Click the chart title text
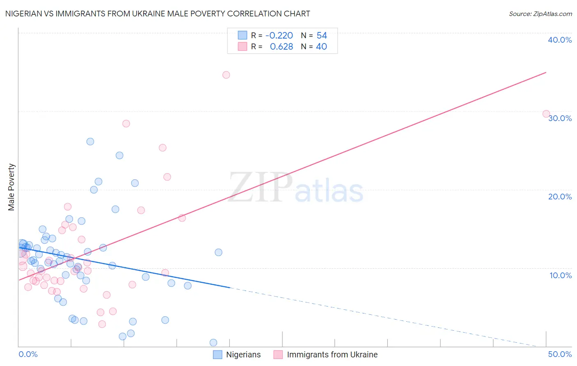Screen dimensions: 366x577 tap(158, 14)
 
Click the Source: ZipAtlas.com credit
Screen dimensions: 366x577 tap(540, 14)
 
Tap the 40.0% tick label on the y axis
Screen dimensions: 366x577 tap(559, 40)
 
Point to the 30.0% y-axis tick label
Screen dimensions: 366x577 tap(560, 118)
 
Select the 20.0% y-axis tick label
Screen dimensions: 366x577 tap(560, 197)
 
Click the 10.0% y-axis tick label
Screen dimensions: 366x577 tap(560, 275)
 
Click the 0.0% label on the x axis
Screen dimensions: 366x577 tap(28, 354)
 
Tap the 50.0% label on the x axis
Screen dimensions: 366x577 tap(560, 354)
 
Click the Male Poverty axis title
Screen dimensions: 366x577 tap(11, 187)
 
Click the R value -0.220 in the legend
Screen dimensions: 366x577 tap(279, 36)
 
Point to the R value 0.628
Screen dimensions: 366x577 tap(282, 47)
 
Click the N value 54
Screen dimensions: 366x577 tap(322, 36)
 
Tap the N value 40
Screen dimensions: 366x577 tap(321, 47)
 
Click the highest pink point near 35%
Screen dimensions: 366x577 tap(226, 75)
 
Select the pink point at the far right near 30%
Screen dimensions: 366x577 tap(546, 114)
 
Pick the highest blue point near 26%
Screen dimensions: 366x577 tap(90, 142)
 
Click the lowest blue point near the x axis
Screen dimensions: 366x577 tap(213, 343)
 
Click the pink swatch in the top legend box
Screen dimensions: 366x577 tap(243, 47)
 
